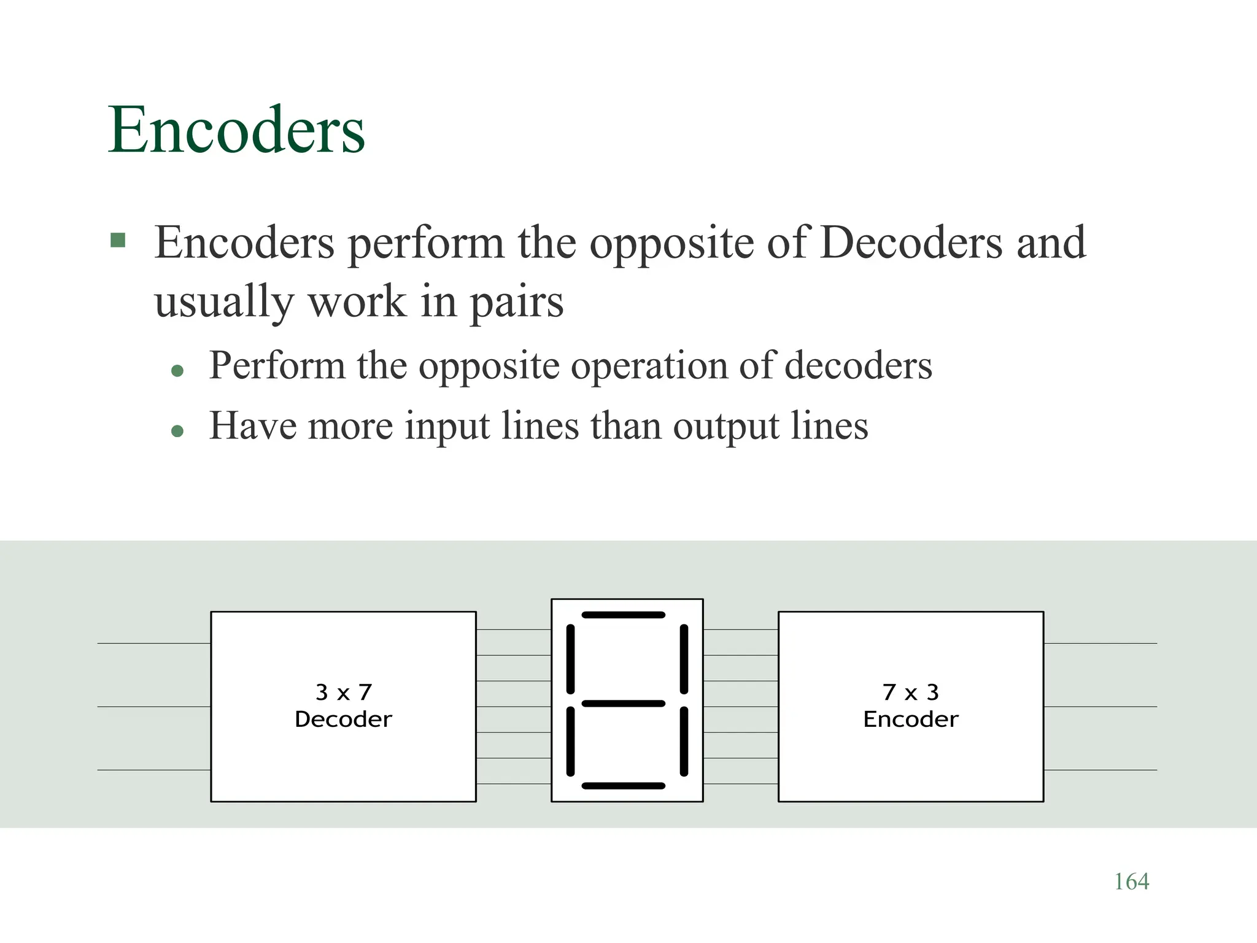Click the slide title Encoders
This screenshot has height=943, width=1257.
pos(236,130)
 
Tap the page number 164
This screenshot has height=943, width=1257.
pos(1131,882)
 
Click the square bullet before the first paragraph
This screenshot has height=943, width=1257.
pos(118,239)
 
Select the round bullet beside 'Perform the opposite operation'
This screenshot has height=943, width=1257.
pos(178,370)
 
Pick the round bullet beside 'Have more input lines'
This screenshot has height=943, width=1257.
pos(178,431)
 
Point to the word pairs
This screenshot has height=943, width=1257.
pos(516,302)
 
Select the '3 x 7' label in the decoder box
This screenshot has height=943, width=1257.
pos(343,692)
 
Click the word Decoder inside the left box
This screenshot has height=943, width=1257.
pos(343,719)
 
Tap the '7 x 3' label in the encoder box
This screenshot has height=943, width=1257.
pos(911,692)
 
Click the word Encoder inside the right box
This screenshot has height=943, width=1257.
pos(911,719)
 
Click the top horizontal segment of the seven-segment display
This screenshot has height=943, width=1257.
pos(624,615)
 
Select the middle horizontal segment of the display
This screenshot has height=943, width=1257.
pos(624,704)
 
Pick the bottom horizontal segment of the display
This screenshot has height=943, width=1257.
pos(624,786)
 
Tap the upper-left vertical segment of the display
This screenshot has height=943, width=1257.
pos(570,659)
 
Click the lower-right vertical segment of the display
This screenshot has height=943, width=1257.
pos(684,742)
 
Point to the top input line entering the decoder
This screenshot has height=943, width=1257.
pos(153,643)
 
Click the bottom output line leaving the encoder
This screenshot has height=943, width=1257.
pos(1100,770)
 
